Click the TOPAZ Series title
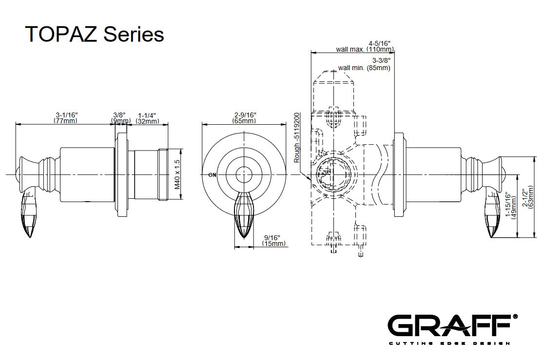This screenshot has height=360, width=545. (94, 35)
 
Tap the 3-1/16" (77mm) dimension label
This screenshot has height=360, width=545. (66, 118)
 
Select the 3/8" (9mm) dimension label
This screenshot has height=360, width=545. (120, 118)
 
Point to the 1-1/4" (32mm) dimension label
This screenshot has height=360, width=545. (147, 118)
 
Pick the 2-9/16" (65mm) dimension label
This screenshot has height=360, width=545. (244, 118)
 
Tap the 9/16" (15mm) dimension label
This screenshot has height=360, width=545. (273, 240)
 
